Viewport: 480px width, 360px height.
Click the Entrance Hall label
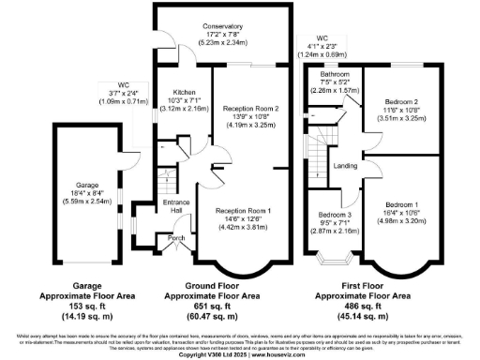tap(175, 205)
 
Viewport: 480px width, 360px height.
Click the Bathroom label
tap(335, 73)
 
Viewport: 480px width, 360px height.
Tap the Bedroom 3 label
tap(335, 215)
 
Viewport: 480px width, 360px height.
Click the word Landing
tap(347, 167)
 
